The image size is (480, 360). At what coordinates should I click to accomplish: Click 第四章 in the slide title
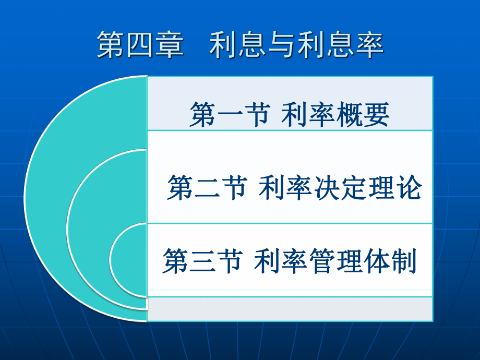(140, 45)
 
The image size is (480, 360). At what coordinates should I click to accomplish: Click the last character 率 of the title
(370, 45)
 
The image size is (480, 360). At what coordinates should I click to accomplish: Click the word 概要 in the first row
(362, 114)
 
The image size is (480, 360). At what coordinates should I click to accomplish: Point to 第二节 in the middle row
(208, 187)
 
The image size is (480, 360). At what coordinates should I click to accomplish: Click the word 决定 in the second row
(340, 187)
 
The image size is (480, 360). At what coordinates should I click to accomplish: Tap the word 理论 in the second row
(395, 187)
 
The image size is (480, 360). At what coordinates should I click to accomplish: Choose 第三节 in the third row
(203, 260)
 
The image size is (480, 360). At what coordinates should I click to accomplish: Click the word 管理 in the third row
(336, 260)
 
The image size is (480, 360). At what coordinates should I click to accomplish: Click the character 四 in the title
(140, 45)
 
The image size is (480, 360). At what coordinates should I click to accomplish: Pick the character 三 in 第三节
(203, 261)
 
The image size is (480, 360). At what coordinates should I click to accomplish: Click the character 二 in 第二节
(208, 188)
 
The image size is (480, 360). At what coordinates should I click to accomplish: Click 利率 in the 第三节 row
(281, 260)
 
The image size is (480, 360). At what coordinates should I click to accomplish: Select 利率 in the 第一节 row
(308, 114)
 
